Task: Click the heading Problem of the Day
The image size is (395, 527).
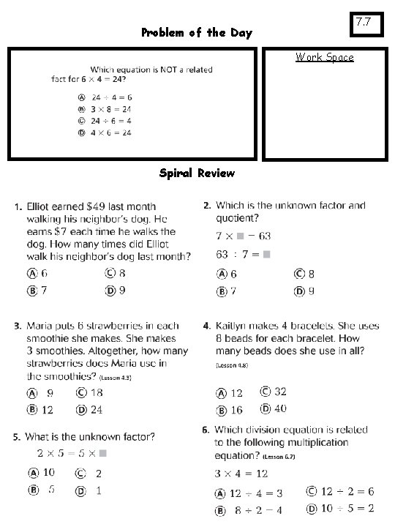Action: [196, 33]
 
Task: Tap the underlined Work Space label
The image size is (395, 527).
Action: [324, 57]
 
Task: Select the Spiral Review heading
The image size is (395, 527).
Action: [197, 173]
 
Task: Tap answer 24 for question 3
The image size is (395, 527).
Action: [95, 410]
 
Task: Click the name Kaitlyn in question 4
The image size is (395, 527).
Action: [233, 325]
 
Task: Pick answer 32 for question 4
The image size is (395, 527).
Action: [279, 392]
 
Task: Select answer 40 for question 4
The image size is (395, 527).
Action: [279, 409]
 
